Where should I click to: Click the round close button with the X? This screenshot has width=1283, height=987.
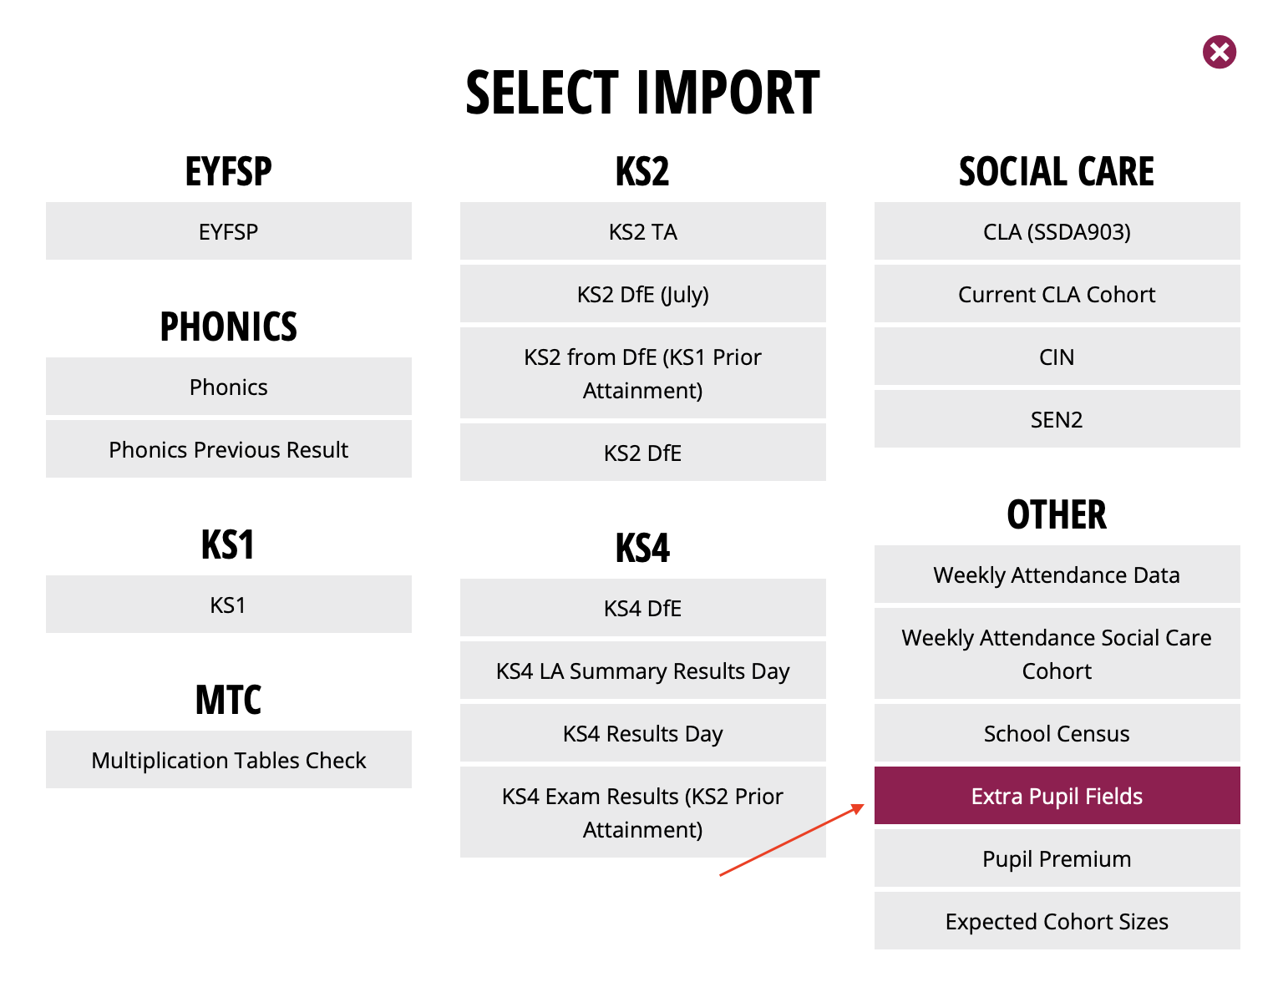click(x=1219, y=52)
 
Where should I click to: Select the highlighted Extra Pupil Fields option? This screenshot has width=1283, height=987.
click(x=1057, y=795)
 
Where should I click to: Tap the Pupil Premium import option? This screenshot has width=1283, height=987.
click(x=1057, y=858)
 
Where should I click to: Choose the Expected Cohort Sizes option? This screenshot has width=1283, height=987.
click(x=1057, y=920)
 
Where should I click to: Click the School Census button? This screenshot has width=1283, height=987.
click(x=1057, y=732)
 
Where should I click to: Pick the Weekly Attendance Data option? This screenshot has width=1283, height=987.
click(x=1057, y=574)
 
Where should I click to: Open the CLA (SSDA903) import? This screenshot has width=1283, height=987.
click(x=1057, y=230)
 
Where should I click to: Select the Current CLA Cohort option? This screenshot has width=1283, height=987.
click(x=1057, y=293)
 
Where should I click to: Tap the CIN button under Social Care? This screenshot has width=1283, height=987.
click(x=1057, y=356)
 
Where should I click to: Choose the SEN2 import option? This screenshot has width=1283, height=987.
click(x=1057, y=418)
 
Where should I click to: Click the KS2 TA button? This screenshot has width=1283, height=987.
click(x=642, y=230)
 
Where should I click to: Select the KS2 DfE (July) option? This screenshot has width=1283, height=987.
click(x=642, y=293)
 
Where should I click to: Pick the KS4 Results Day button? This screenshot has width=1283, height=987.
click(x=642, y=732)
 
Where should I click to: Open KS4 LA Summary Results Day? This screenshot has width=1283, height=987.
click(x=642, y=671)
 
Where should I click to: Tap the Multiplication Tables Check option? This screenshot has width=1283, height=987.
click(x=229, y=759)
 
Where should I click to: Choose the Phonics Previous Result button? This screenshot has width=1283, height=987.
click(x=229, y=448)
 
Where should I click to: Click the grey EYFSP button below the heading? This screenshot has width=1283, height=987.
click(x=229, y=230)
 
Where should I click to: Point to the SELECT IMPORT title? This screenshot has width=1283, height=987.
click(x=642, y=92)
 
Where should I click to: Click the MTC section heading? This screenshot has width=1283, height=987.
click(x=229, y=700)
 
